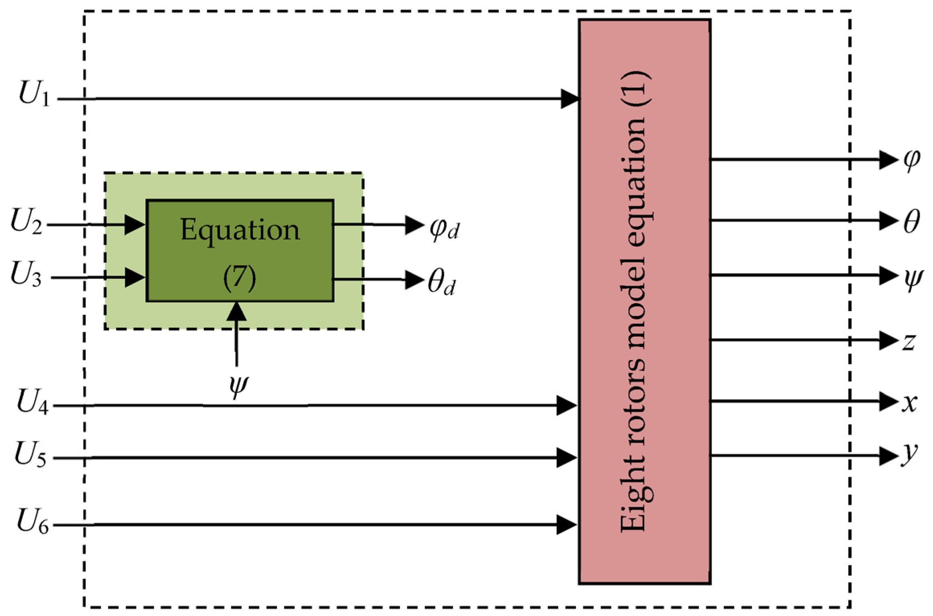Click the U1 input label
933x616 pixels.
35,94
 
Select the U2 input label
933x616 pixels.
26,221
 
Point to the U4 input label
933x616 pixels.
33,402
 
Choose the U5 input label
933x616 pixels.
31,454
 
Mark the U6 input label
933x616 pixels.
33,521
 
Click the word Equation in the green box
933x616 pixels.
240,230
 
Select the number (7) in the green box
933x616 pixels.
240,277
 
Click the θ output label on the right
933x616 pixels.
911,221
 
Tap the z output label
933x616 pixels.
909,342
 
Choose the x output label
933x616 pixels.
909,402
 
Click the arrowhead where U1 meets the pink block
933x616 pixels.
570,99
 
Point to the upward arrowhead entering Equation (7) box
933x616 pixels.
236,311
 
